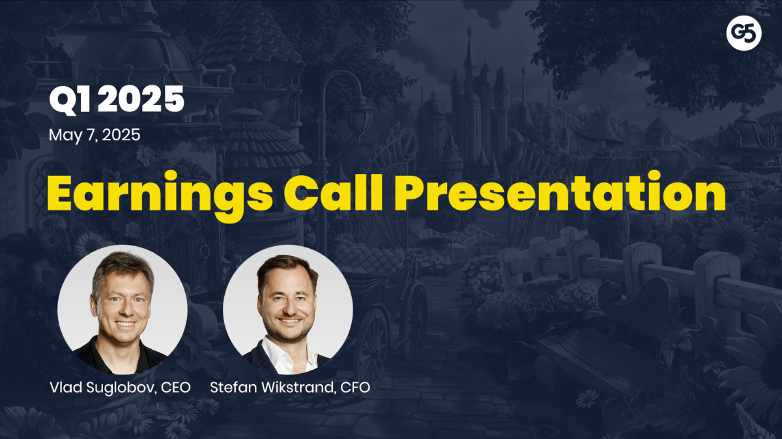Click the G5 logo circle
744,33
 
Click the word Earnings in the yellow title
160,193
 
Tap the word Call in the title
334,192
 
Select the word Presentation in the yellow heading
560,192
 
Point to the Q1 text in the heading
70,100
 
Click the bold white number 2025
141,100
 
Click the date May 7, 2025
94,135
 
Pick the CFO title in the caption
355,388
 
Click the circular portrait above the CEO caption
123,309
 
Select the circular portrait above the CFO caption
288,309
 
